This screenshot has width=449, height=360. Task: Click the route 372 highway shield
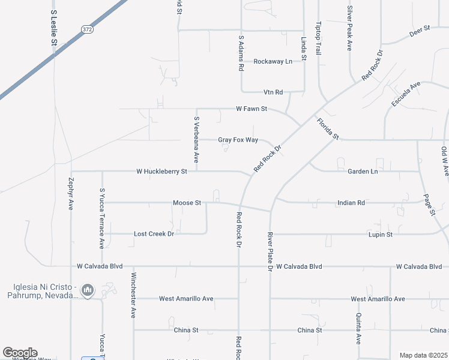pos(87,30)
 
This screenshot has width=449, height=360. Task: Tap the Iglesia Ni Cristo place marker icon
pos(88,291)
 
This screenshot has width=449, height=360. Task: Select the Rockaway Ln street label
pos(273,61)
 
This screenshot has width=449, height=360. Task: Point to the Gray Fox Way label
pos(238,140)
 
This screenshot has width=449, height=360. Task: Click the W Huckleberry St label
pos(162,171)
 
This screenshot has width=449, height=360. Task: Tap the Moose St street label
pos(187,203)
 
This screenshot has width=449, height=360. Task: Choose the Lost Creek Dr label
pos(154,233)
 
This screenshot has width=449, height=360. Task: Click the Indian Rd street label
pos(352,203)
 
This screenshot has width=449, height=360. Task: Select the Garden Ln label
pos(363,171)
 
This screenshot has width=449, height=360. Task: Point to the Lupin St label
pos(381,234)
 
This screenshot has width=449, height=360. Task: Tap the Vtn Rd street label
pos(273,92)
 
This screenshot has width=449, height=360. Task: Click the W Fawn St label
pos(252,109)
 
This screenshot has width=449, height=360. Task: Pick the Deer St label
pos(420,29)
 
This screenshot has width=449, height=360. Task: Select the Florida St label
pos(328,128)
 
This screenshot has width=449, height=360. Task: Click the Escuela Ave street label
pos(406,95)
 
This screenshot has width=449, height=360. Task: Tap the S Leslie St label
pos(53,27)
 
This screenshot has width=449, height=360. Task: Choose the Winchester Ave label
pos(133,296)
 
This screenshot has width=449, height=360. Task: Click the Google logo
pos(19,353)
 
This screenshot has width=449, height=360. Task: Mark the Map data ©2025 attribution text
pos(423,355)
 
